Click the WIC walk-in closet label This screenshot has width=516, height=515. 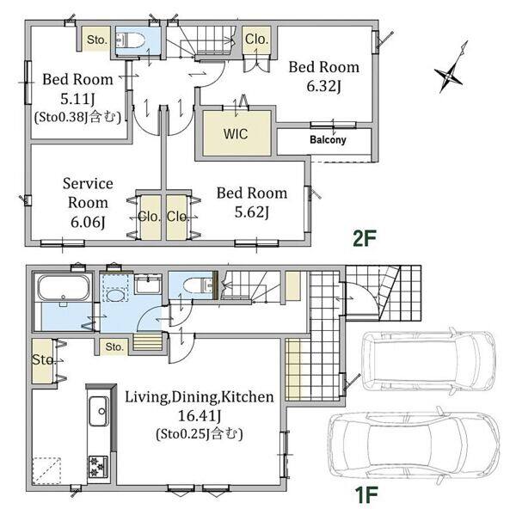[236, 134]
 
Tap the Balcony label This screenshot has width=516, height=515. [328, 139]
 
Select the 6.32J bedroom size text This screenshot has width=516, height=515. [323, 87]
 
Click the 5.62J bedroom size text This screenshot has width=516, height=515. [251, 212]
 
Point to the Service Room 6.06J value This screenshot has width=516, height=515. [88, 223]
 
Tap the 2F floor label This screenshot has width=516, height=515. [364, 238]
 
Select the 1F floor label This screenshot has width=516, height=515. [365, 494]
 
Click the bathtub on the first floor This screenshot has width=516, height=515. [64, 288]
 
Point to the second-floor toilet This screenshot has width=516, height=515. [131, 40]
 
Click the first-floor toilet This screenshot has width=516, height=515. [199, 285]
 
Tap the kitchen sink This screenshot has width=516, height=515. [99, 411]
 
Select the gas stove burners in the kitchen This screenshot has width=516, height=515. [98, 466]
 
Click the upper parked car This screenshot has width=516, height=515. [428, 360]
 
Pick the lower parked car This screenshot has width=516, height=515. [415, 444]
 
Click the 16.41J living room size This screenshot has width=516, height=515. [200, 416]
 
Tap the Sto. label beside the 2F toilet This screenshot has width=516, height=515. [97, 40]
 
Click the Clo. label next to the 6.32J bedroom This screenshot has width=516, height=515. [256, 40]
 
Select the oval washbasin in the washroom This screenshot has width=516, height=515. [115, 295]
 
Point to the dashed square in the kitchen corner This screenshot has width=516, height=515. [46, 470]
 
